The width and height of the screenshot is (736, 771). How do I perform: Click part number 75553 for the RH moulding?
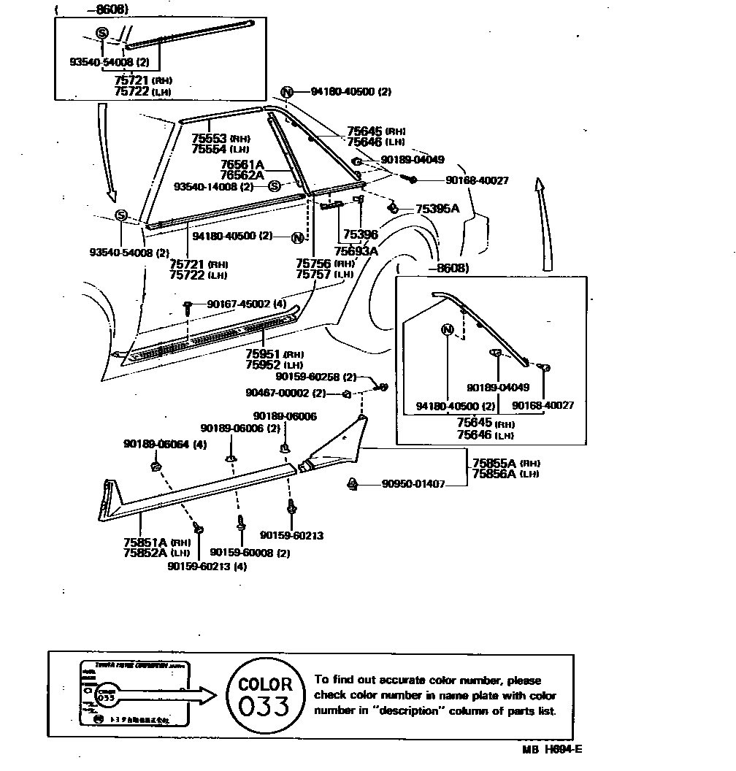coord(210,138)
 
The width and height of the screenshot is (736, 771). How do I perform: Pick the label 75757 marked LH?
coord(314,275)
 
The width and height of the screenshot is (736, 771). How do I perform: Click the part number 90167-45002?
coord(238,304)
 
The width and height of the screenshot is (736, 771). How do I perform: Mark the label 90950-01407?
coord(413,484)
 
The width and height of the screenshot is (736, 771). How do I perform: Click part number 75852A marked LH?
coord(146,553)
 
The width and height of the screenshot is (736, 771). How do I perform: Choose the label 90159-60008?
coord(242,553)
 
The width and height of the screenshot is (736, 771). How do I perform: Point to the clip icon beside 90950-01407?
coord(352,483)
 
